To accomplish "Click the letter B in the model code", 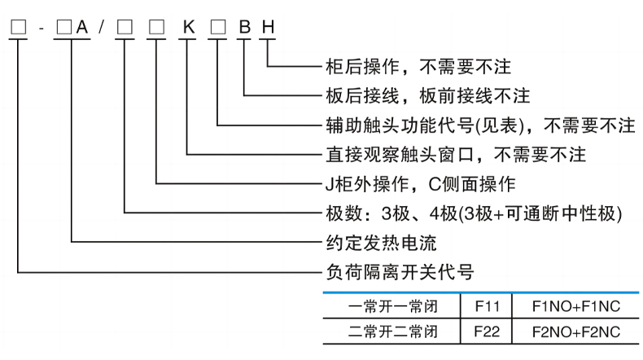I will pos(243,28).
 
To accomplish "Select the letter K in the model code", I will pos(188,28).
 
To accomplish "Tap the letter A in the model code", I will pos(81,28).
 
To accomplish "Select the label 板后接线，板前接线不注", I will pos(427,96).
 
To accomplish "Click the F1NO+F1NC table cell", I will pos(575,308).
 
